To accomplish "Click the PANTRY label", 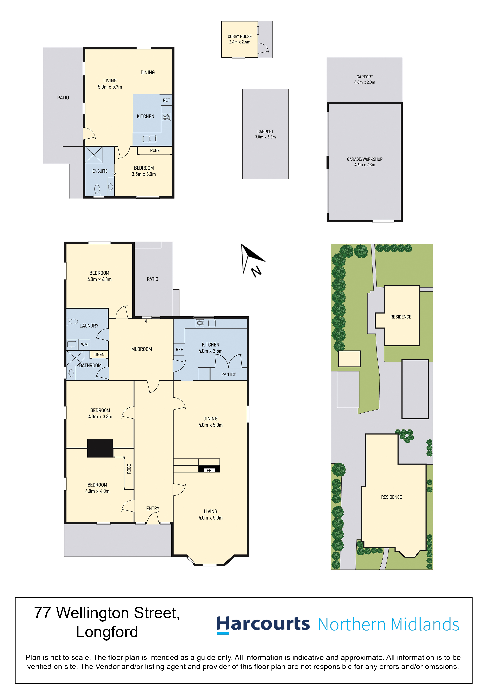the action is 229,374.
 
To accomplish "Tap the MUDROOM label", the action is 142,349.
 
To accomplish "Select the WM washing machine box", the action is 84,345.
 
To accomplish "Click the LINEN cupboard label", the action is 99,354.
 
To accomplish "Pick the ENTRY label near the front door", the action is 153,508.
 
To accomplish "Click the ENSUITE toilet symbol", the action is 97,190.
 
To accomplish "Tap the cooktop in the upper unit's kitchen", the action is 167,117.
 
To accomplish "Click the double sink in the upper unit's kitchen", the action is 149,139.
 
